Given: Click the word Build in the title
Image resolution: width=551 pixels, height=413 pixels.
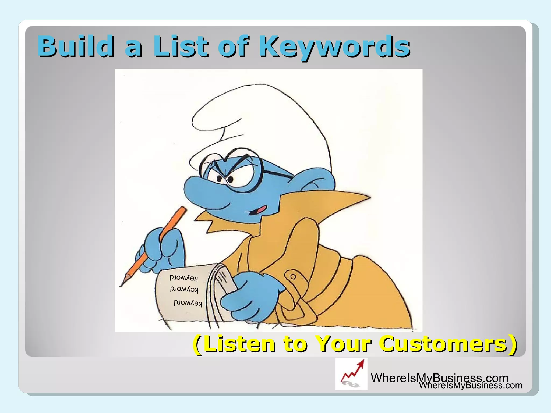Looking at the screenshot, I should pos(75,46).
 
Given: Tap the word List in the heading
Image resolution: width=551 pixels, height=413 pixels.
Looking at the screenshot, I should pos(181,46).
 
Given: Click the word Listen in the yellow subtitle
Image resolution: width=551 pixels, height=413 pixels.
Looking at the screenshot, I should pos(239,344).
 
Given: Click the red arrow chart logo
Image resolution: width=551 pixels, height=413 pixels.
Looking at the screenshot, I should pos(351,374).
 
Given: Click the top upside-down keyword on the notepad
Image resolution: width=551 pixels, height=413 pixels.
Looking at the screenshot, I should pos(184,278).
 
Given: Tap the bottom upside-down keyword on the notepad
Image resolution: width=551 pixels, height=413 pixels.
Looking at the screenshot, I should pos(188,303).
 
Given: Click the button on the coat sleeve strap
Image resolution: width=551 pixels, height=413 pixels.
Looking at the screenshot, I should pos(293,276).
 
